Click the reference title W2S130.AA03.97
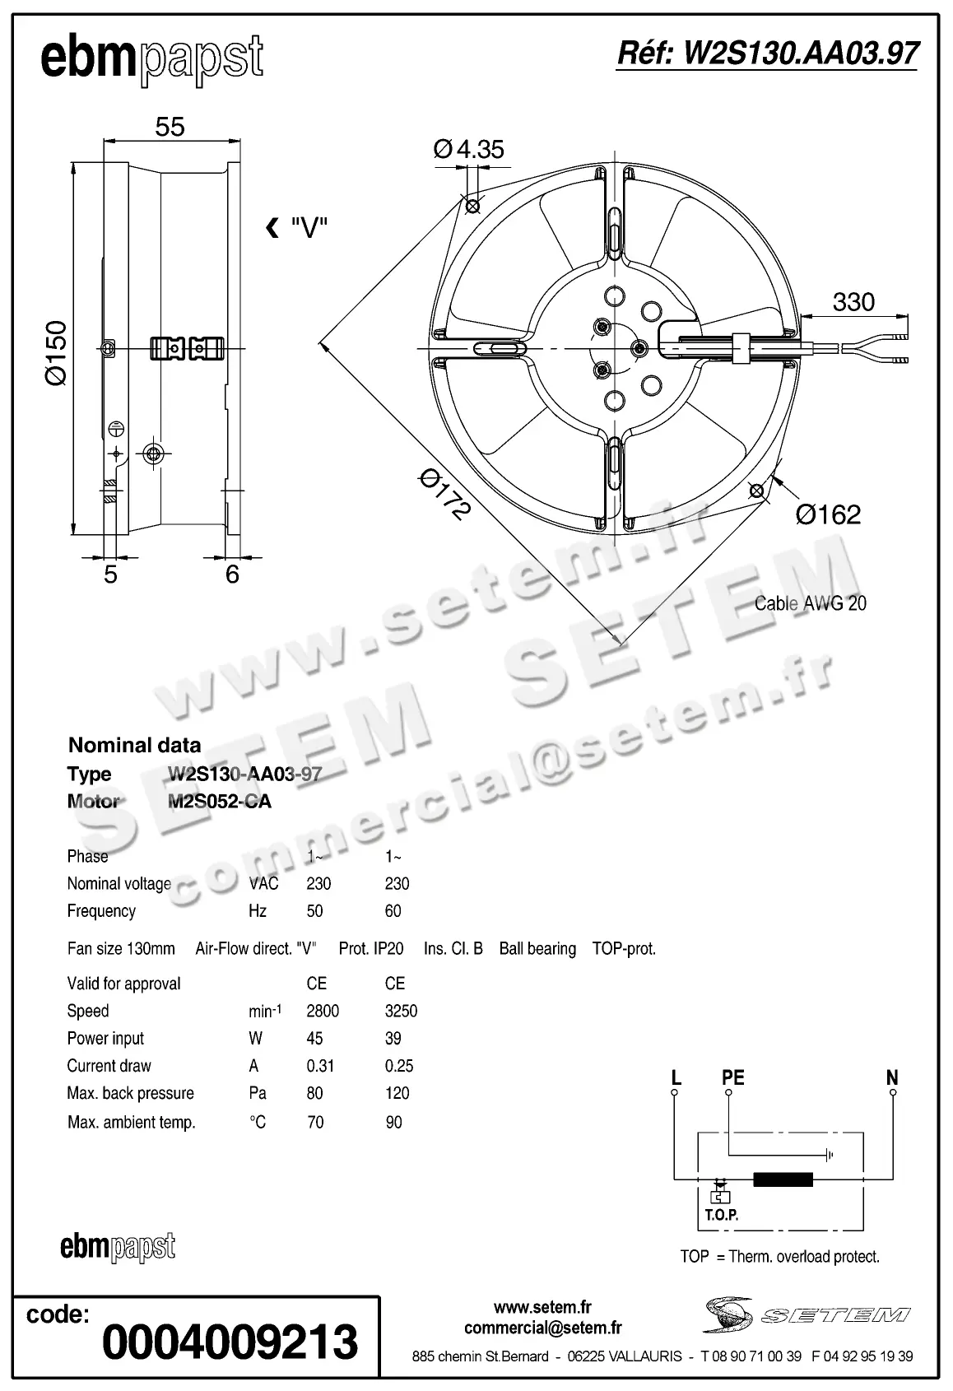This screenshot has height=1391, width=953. tap(767, 53)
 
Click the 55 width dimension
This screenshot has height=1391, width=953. tap(170, 127)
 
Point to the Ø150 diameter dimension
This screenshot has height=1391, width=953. tap(56, 353)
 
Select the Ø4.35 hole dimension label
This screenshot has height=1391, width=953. tap(468, 149)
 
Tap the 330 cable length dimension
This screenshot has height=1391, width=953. tap(853, 302)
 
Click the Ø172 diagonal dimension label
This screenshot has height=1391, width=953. tap(445, 494)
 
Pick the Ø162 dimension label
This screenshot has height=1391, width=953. tap(828, 514)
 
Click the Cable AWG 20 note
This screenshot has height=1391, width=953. tap(810, 603)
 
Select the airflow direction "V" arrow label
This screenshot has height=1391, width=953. tap(298, 228)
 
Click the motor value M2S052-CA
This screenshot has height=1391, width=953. tap(220, 801)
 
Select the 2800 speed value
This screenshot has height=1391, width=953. tap(323, 1011)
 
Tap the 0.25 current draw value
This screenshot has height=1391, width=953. tap(399, 1066)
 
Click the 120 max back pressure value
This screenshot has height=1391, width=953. tap(397, 1093)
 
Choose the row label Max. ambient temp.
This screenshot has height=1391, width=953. tap(132, 1122)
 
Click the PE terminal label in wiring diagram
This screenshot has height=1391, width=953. tap(732, 1077)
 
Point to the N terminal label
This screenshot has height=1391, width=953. tap(892, 1077)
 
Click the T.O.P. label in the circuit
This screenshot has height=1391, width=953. tap(721, 1215)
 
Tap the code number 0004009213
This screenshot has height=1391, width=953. tap(230, 1342)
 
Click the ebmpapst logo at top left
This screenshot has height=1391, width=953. tap(151, 59)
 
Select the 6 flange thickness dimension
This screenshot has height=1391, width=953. tap(232, 574)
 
